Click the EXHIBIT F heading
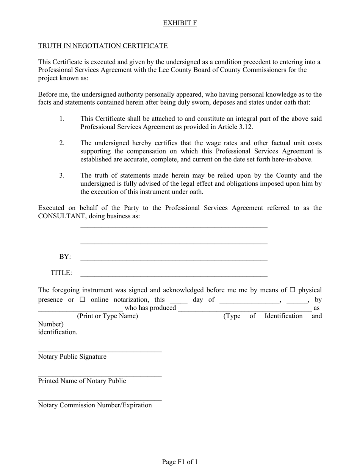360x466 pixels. click(x=180, y=23)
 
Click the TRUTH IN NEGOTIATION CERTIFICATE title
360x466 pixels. click(x=103, y=46)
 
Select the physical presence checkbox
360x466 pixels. click(x=293, y=290)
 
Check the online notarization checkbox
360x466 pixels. click(x=83, y=300)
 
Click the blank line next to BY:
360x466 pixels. click(x=174, y=259)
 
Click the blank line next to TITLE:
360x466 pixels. click(x=174, y=275)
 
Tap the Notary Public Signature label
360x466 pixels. click(x=72, y=357)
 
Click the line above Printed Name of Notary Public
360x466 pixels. click(x=100, y=375)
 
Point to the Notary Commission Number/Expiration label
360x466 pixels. click(x=95, y=405)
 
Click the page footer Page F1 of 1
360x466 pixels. click(x=180, y=462)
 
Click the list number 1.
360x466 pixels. click(x=62, y=119)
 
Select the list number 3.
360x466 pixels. click(x=62, y=175)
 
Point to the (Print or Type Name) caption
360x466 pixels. click(x=107, y=316)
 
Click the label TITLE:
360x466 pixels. click(x=61, y=273)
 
